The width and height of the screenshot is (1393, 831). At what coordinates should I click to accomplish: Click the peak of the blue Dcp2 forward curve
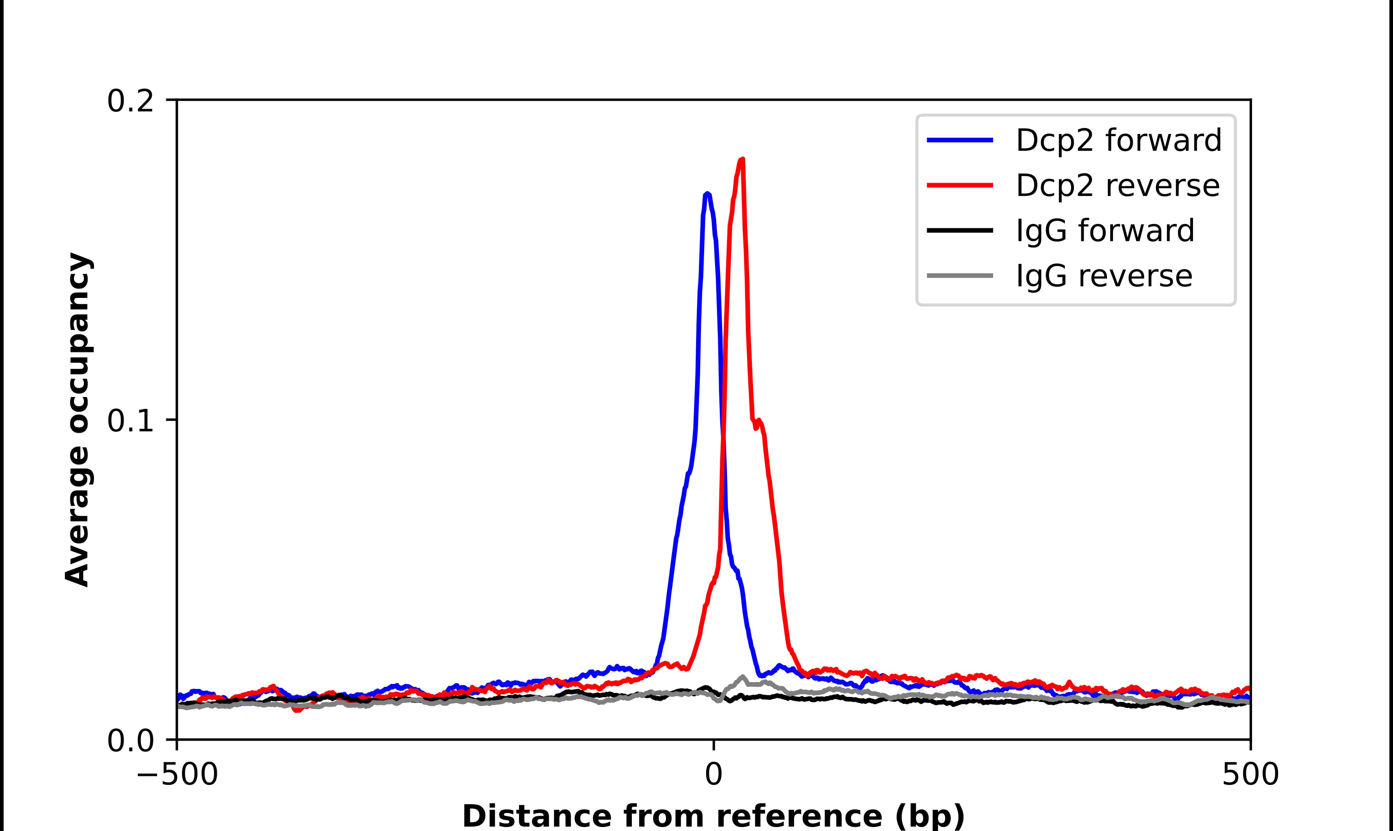[x=707, y=194]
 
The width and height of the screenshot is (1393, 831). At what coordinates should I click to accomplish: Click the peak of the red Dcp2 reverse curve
[x=742, y=160]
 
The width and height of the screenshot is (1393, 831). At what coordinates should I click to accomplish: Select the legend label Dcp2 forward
[x=1118, y=140]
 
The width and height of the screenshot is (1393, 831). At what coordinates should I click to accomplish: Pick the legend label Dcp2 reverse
[x=1117, y=185]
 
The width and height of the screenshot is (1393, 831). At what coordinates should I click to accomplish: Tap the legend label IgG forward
[x=1105, y=231]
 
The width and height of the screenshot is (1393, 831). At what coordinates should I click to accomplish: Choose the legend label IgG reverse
[x=1104, y=276]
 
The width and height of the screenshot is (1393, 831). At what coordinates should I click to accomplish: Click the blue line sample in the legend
[x=960, y=140]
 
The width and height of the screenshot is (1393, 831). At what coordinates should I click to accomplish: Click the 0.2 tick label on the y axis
[x=130, y=101]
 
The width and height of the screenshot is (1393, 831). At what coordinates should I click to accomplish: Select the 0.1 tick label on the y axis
[x=130, y=421]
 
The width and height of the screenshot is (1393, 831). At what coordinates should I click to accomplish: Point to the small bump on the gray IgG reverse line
[x=743, y=678]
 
